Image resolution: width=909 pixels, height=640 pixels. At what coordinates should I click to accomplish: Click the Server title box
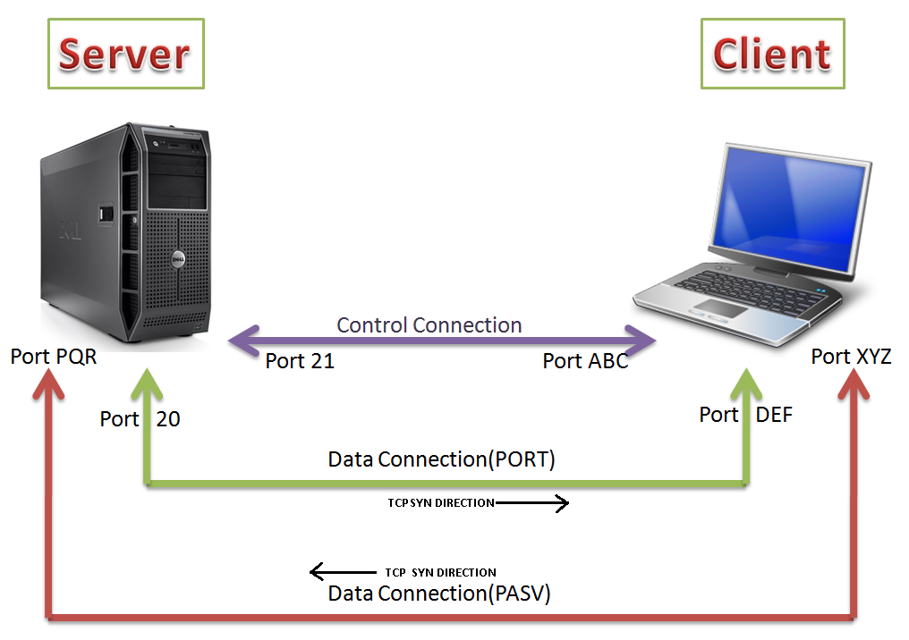click(125, 54)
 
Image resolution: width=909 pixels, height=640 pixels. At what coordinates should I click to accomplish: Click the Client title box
click(772, 54)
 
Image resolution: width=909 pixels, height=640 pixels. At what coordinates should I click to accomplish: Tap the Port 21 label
click(300, 361)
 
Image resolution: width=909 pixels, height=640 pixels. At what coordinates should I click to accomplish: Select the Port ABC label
click(585, 361)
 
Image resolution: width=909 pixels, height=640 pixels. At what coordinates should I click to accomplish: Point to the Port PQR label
click(54, 357)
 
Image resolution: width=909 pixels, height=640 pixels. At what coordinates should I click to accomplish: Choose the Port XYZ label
click(851, 357)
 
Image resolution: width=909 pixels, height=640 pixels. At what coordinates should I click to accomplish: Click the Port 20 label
click(140, 418)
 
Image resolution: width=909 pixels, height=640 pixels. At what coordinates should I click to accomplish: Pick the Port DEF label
click(745, 415)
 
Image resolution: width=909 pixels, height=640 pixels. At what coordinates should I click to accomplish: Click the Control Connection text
click(429, 325)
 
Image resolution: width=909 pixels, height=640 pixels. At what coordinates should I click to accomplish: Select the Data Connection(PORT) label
click(442, 459)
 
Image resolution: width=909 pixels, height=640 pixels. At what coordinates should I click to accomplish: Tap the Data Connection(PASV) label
click(439, 594)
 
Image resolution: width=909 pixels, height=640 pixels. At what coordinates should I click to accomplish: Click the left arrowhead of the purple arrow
click(240, 341)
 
